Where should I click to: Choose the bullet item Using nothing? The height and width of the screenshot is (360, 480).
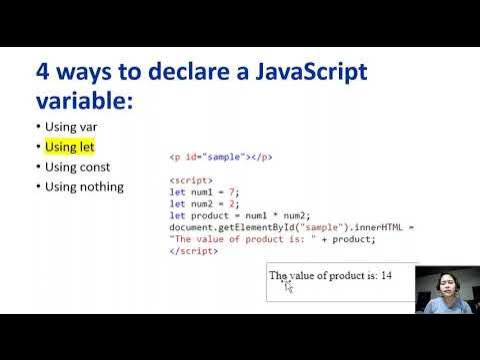click(83, 186)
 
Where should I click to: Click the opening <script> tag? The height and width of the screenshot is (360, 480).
click(189, 180)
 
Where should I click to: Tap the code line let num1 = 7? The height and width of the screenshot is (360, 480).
click(205, 192)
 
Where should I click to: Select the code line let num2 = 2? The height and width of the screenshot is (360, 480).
click(205, 204)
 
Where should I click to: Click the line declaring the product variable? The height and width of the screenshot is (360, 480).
click(240, 216)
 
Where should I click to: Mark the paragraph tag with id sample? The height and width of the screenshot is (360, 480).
click(221, 157)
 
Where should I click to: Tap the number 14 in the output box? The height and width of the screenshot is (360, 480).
click(386, 275)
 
